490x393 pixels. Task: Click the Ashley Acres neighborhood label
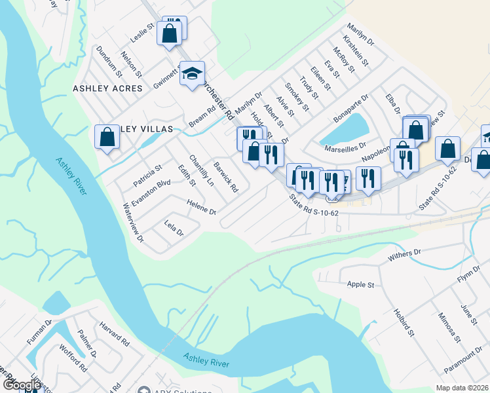pyautogui.click(x=107, y=88)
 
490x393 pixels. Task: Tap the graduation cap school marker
pyautogui.click(x=193, y=75)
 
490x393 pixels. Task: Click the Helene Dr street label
pyautogui.click(x=201, y=207)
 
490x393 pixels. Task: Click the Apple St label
pyautogui.click(x=360, y=285)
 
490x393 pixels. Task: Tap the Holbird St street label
pyautogui.click(x=404, y=324)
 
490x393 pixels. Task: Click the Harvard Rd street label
pyautogui.click(x=115, y=333)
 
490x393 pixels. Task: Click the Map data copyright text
pyautogui.click(x=462, y=387)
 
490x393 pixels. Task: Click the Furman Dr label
pyautogui.click(x=39, y=333)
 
